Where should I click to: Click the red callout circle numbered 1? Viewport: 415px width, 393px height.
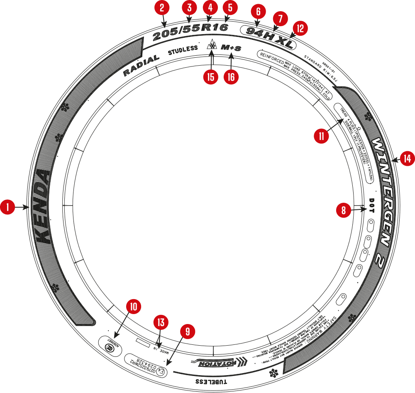coord(7,207)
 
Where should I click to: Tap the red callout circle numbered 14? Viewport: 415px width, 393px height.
coord(407,158)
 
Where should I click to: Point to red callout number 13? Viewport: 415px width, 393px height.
coord(161,322)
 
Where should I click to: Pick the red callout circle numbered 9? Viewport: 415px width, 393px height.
coord(188,331)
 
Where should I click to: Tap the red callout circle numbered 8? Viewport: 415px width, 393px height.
coord(343,211)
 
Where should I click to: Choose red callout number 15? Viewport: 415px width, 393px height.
coord(212,77)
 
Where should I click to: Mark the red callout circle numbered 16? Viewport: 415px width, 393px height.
coord(231,77)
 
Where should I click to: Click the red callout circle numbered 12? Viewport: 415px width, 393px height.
coord(300,28)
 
